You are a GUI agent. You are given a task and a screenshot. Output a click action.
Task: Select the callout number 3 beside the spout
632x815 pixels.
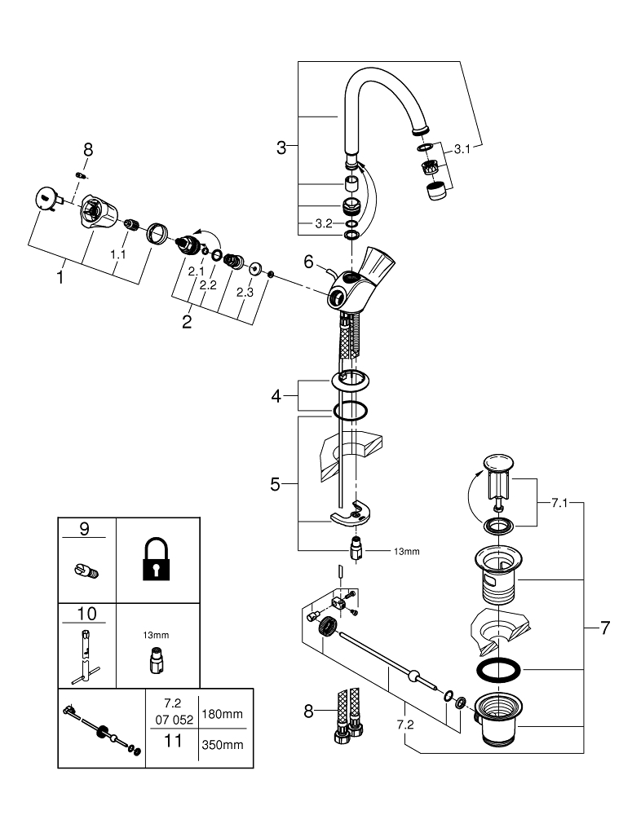tap(281, 148)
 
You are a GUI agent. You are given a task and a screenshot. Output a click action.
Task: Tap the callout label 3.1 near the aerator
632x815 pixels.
tap(462, 149)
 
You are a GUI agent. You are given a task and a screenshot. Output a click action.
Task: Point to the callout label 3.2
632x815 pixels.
tap(324, 223)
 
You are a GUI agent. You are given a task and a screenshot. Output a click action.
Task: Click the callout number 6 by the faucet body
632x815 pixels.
tap(308, 262)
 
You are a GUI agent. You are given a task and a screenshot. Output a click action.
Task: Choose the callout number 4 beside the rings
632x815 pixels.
tap(276, 397)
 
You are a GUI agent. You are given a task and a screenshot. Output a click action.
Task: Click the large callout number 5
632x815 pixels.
tap(275, 484)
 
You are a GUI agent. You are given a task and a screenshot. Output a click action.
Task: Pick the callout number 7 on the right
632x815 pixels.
tap(604, 628)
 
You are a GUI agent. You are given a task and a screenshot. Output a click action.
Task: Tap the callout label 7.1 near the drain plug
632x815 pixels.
tap(559, 503)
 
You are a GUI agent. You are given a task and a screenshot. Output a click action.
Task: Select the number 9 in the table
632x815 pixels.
tap(84, 529)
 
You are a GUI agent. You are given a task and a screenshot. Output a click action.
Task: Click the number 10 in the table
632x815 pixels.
tap(86, 614)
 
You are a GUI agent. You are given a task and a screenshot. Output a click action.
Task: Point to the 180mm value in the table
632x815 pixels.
tap(222, 714)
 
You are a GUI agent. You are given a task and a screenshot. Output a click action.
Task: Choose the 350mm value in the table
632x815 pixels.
tap(222, 745)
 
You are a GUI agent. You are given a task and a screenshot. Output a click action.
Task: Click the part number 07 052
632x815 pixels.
tap(175, 720)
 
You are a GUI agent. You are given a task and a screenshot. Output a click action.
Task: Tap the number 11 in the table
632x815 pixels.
tap(173, 741)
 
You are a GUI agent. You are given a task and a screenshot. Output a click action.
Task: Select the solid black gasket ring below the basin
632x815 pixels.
tap(497, 669)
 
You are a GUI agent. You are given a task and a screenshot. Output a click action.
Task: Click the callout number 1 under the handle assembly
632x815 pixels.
tap(60, 277)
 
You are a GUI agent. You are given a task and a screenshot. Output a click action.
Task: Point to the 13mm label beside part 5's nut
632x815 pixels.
tap(406, 552)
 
